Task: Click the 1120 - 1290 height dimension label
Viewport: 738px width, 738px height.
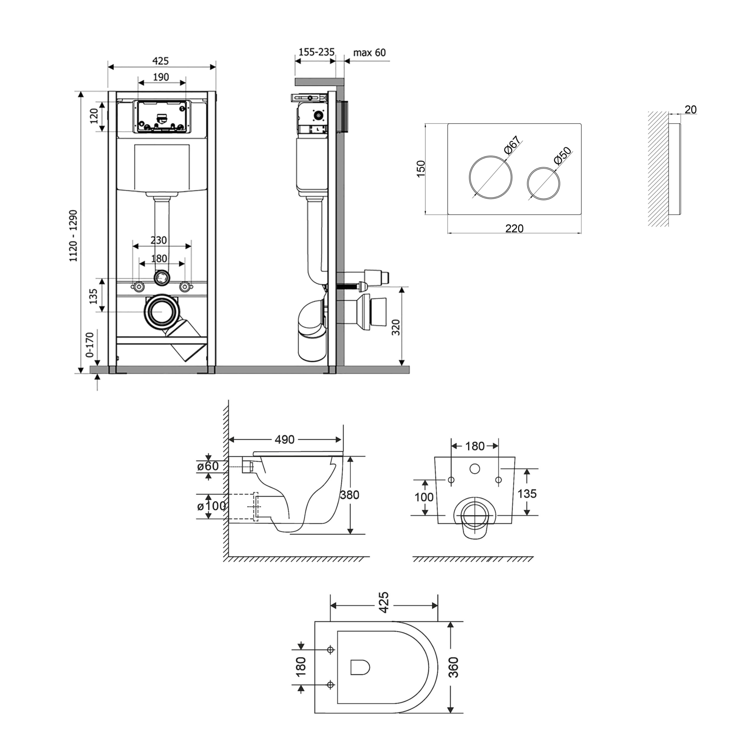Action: click(74, 236)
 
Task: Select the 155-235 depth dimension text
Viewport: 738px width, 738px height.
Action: click(316, 52)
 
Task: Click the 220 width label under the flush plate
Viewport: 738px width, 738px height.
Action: click(514, 228)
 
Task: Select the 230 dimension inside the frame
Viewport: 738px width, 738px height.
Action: click(158, 240)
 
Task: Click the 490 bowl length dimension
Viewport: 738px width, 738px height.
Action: click(284, 440)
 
